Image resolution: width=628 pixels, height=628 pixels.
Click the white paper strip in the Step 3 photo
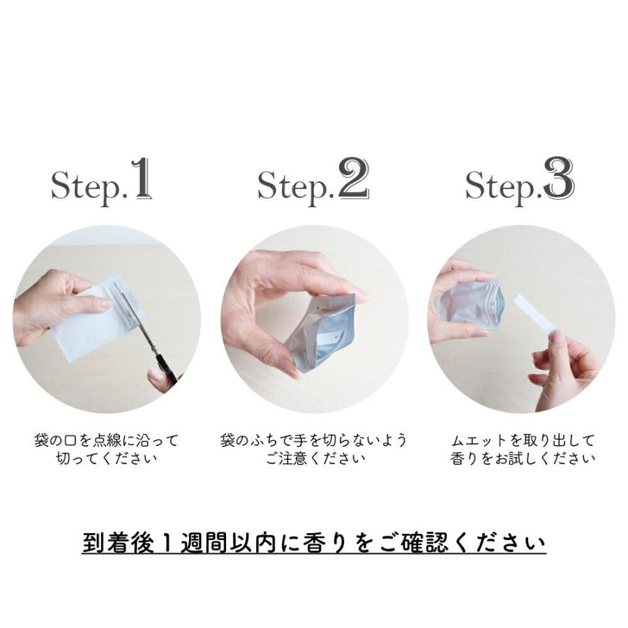tap(534, 314)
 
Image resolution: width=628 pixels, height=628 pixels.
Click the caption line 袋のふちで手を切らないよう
tap(313, 441)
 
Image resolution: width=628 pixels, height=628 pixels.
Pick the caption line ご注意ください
tap(313, 459)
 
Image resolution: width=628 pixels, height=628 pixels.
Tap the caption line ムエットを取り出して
tap(522, 441)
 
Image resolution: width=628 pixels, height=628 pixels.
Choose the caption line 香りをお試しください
tap(522, 459)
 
